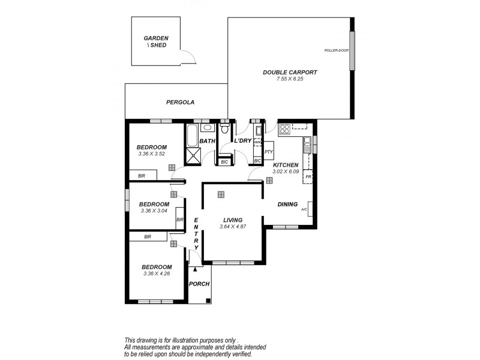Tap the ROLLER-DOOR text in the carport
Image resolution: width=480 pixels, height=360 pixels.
click(x=336, y=50)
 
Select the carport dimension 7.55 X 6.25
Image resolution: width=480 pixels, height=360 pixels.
click(x=289, y=79)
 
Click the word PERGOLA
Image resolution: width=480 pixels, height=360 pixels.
click(x=181, y=103)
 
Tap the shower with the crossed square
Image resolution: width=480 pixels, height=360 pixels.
click(x=194, y=156)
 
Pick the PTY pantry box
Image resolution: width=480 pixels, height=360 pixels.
click(x=269, y=152)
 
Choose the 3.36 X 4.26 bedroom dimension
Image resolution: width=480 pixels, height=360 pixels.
click(x=157, y=274)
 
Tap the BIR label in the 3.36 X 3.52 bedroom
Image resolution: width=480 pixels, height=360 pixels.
click(x=142, y=176)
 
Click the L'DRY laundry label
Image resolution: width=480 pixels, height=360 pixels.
click(x=242, y=140)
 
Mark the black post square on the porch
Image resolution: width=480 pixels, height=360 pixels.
click(x=207, y=301)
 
